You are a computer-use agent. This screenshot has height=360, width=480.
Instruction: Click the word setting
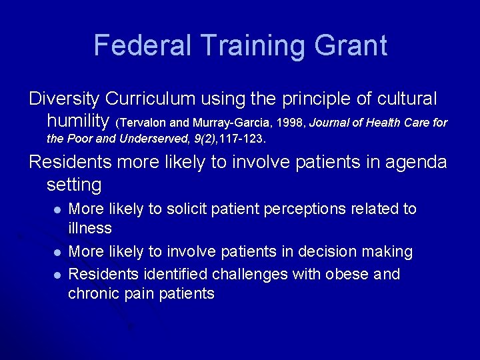[74, 183]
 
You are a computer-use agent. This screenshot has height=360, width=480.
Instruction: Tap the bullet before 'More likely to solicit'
[57, 209]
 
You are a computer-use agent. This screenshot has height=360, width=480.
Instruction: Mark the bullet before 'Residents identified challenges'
[57, 275]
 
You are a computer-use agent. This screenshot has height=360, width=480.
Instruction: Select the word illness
[90, 228]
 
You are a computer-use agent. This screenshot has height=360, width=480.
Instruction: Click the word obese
[346, 274]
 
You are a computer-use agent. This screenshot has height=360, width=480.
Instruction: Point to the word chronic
[93, 293]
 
